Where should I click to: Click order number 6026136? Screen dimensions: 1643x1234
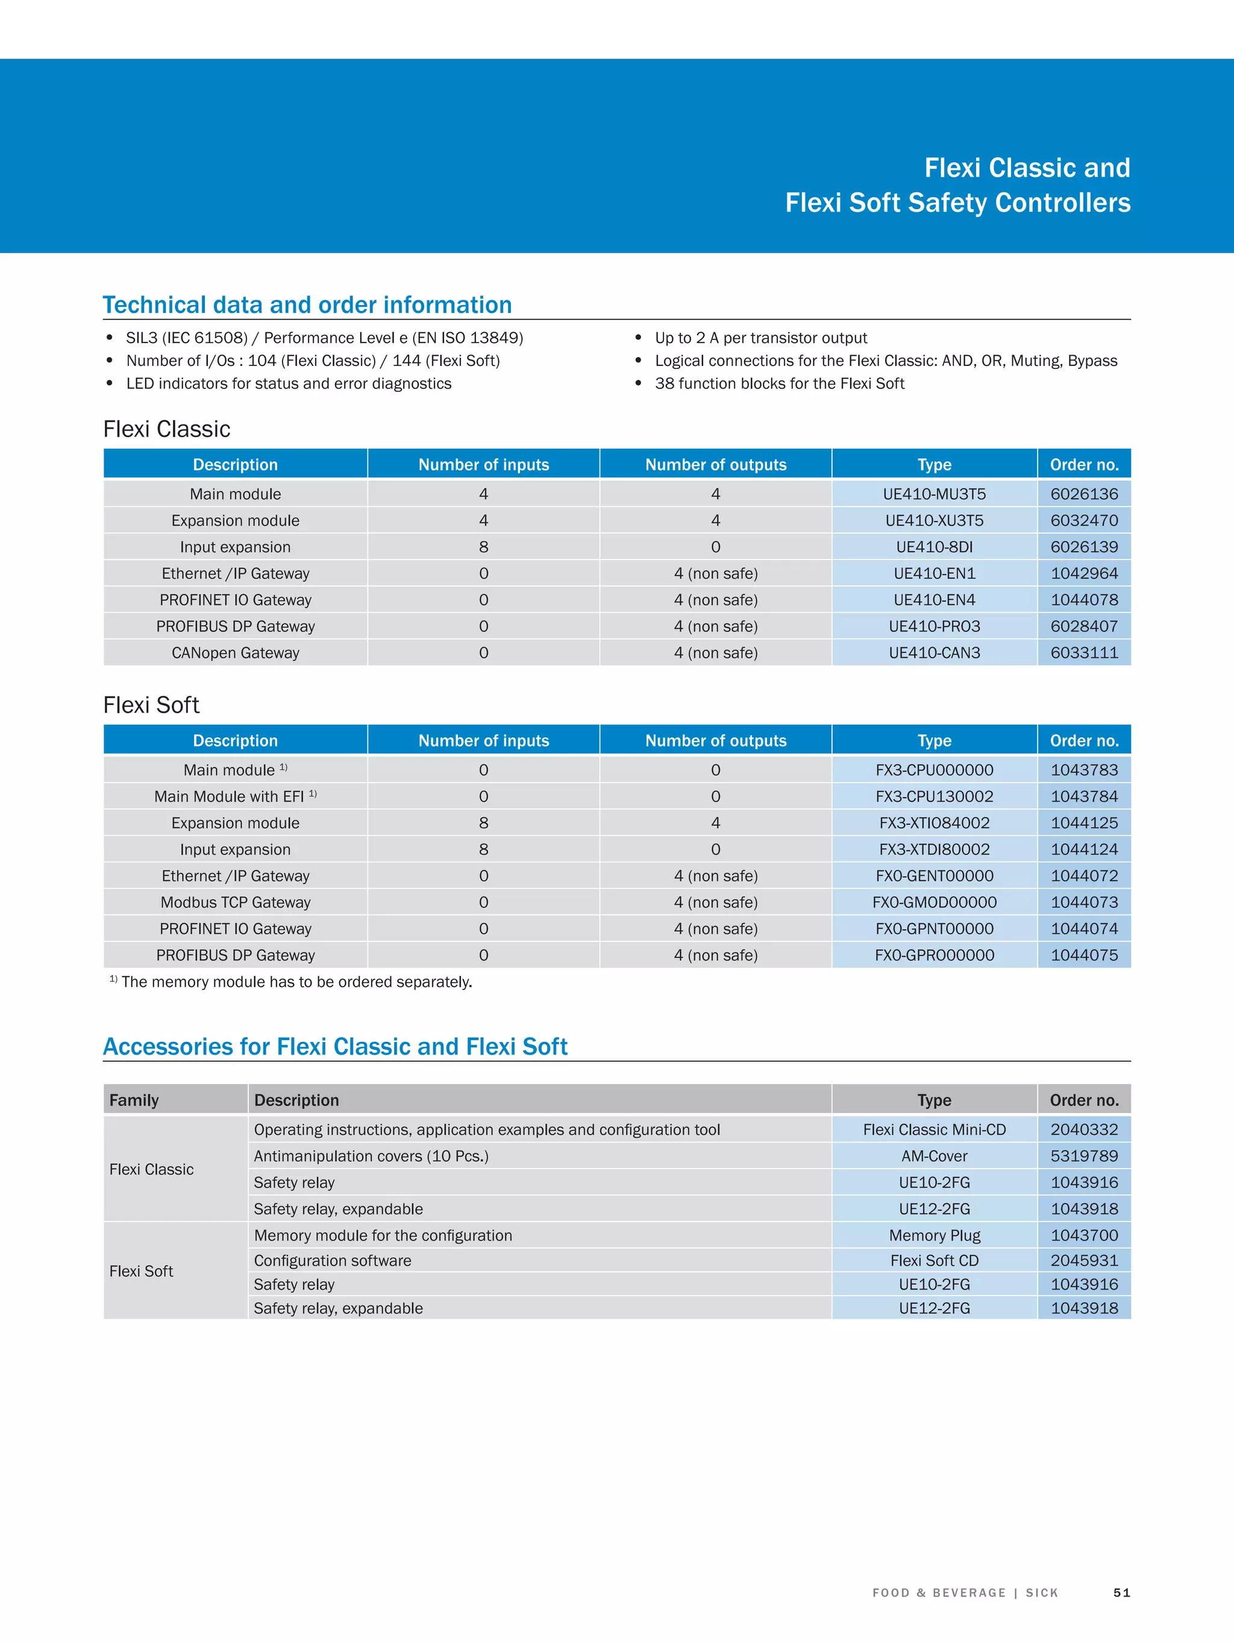click(x=1083, y=494)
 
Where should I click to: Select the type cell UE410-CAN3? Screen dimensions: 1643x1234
click(x=934, y=653)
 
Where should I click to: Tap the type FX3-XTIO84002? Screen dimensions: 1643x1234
click(x=934, y=823)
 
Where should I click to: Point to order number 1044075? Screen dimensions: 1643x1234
click(x=1083, y=955)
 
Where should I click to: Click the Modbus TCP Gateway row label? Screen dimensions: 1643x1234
click(x=236, y=903)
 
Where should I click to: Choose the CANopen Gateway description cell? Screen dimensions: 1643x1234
click(x=236, y=653)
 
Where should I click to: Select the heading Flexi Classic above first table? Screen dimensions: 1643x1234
click(x=167, y=429)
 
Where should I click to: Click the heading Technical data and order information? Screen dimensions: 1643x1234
click(x=307, y=305)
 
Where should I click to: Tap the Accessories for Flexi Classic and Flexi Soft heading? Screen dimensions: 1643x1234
click(x=335, y=1047)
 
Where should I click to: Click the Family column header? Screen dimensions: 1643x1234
click(x=134, y=1100)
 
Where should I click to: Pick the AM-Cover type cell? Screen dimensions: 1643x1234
click(x=934, y=1156)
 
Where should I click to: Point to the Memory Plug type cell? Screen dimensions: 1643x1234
click(x=934, y=1235)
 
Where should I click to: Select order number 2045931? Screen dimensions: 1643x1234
click(x=1083, y=1261)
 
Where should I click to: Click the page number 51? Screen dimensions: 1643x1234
click(x=1121, y=1592)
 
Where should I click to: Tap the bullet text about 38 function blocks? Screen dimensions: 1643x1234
click(x=780, y=384)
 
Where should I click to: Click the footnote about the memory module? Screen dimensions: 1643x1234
click(x=295, y=982)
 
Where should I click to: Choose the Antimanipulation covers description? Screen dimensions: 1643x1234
click(x=371, y=1156)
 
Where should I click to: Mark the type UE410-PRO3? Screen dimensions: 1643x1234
click(x=934, y=626)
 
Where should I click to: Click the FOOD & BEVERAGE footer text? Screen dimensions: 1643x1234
click(x=939, y=1592)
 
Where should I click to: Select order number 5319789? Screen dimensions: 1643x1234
click(x=1083, y=1156)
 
